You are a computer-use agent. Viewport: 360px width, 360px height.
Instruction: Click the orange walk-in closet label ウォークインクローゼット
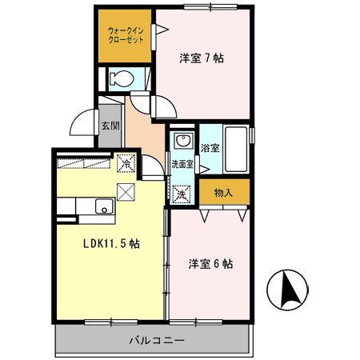(x=124, y=36)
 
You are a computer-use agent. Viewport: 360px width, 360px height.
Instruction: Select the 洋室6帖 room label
(x=210, y=263)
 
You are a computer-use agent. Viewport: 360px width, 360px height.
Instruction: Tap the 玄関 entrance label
(x=110, y=126)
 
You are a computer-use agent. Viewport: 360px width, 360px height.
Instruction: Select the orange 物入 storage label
(x=223, y=192)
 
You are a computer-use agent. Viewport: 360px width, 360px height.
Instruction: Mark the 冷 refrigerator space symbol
(x=126, y=161)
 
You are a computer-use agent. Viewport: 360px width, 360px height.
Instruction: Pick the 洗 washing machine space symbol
(x=181, y=194)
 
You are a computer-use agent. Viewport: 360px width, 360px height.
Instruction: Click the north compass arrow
(x=291, y=290)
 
